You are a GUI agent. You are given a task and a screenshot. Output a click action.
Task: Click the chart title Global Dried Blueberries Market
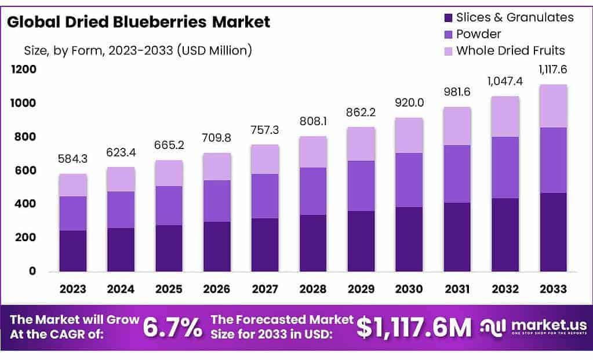(139, 22)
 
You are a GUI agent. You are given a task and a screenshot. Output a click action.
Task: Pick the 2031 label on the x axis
(457, 289)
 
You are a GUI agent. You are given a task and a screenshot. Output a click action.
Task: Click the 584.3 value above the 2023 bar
(72, 158)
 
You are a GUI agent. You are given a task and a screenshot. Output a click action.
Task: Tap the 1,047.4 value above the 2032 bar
(505, 81)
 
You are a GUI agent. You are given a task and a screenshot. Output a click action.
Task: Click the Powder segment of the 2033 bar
(554, 160)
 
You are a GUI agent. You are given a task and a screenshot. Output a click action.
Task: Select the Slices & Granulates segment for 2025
(169, 248)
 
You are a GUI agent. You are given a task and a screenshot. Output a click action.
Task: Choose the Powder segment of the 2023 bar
(72, 213)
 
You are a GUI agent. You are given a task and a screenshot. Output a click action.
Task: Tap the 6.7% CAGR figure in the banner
(172, 328)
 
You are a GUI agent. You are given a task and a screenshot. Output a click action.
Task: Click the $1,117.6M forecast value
(414, 328)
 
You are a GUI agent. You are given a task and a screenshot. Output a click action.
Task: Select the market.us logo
(533, 327)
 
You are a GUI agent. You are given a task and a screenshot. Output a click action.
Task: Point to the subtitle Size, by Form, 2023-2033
(137, 50)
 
